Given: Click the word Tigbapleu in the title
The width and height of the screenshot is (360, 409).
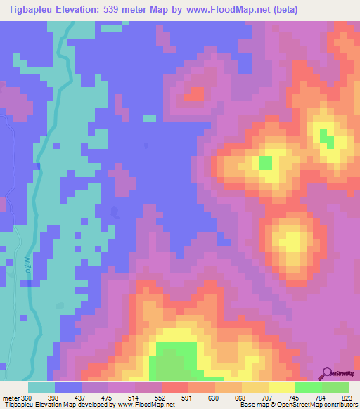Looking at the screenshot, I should [32, 10].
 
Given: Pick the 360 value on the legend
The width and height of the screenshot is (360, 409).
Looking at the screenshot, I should [27, 398].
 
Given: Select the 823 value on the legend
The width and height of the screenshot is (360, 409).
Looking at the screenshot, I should [349, 398].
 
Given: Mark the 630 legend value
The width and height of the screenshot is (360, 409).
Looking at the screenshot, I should [215, 398].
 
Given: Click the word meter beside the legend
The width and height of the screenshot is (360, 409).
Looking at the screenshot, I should [10, 398].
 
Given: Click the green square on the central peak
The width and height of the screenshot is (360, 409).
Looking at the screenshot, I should [265, 162].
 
